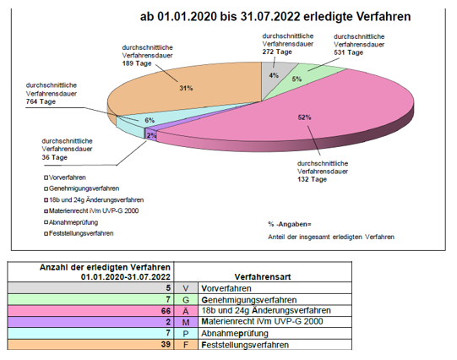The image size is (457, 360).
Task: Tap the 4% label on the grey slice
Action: tap(274, 75)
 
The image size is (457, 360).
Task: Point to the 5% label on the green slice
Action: tap(297, 79)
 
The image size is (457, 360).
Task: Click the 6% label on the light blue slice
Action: tap(150, 120)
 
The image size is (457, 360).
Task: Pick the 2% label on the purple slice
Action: tap(151, 135)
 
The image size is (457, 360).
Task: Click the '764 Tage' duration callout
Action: tap(41, 101)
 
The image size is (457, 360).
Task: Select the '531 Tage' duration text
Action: tap(349, 52)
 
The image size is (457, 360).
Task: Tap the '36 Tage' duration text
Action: tap(55, 157)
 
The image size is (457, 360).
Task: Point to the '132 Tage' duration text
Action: tap(312, 179)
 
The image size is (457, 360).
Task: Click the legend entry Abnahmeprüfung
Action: tap(71, 222)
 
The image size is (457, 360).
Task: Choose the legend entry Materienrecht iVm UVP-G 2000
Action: tap(91, 210)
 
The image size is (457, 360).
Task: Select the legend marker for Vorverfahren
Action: tap(46, 177)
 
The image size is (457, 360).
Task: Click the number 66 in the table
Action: tap(166, 311)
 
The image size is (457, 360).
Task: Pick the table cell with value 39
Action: tap(90, 345)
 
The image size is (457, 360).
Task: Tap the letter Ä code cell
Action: tap(186, 311)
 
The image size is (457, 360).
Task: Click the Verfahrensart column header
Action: tap(263, 276)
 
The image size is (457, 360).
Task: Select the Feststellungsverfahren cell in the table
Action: tap(275, 345)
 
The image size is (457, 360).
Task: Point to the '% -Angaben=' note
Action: tap(290, 224)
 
